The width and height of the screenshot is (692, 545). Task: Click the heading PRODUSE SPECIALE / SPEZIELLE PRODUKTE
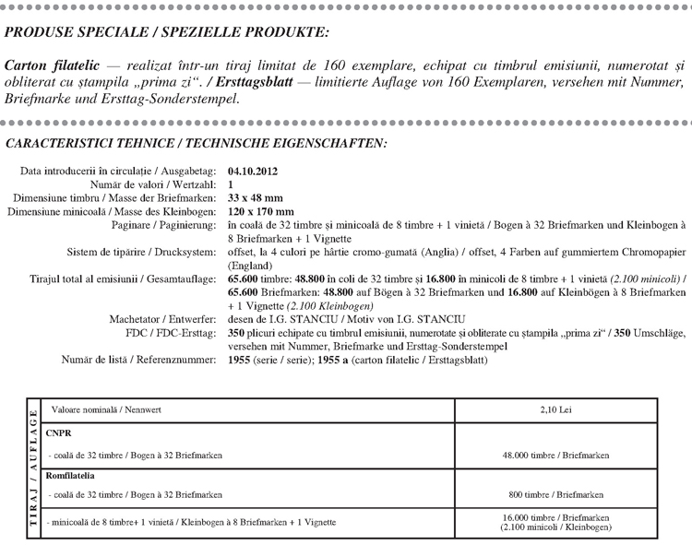coord(166,33)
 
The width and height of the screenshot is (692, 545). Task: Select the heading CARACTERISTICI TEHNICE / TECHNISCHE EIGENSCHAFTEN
coord(197,144)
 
